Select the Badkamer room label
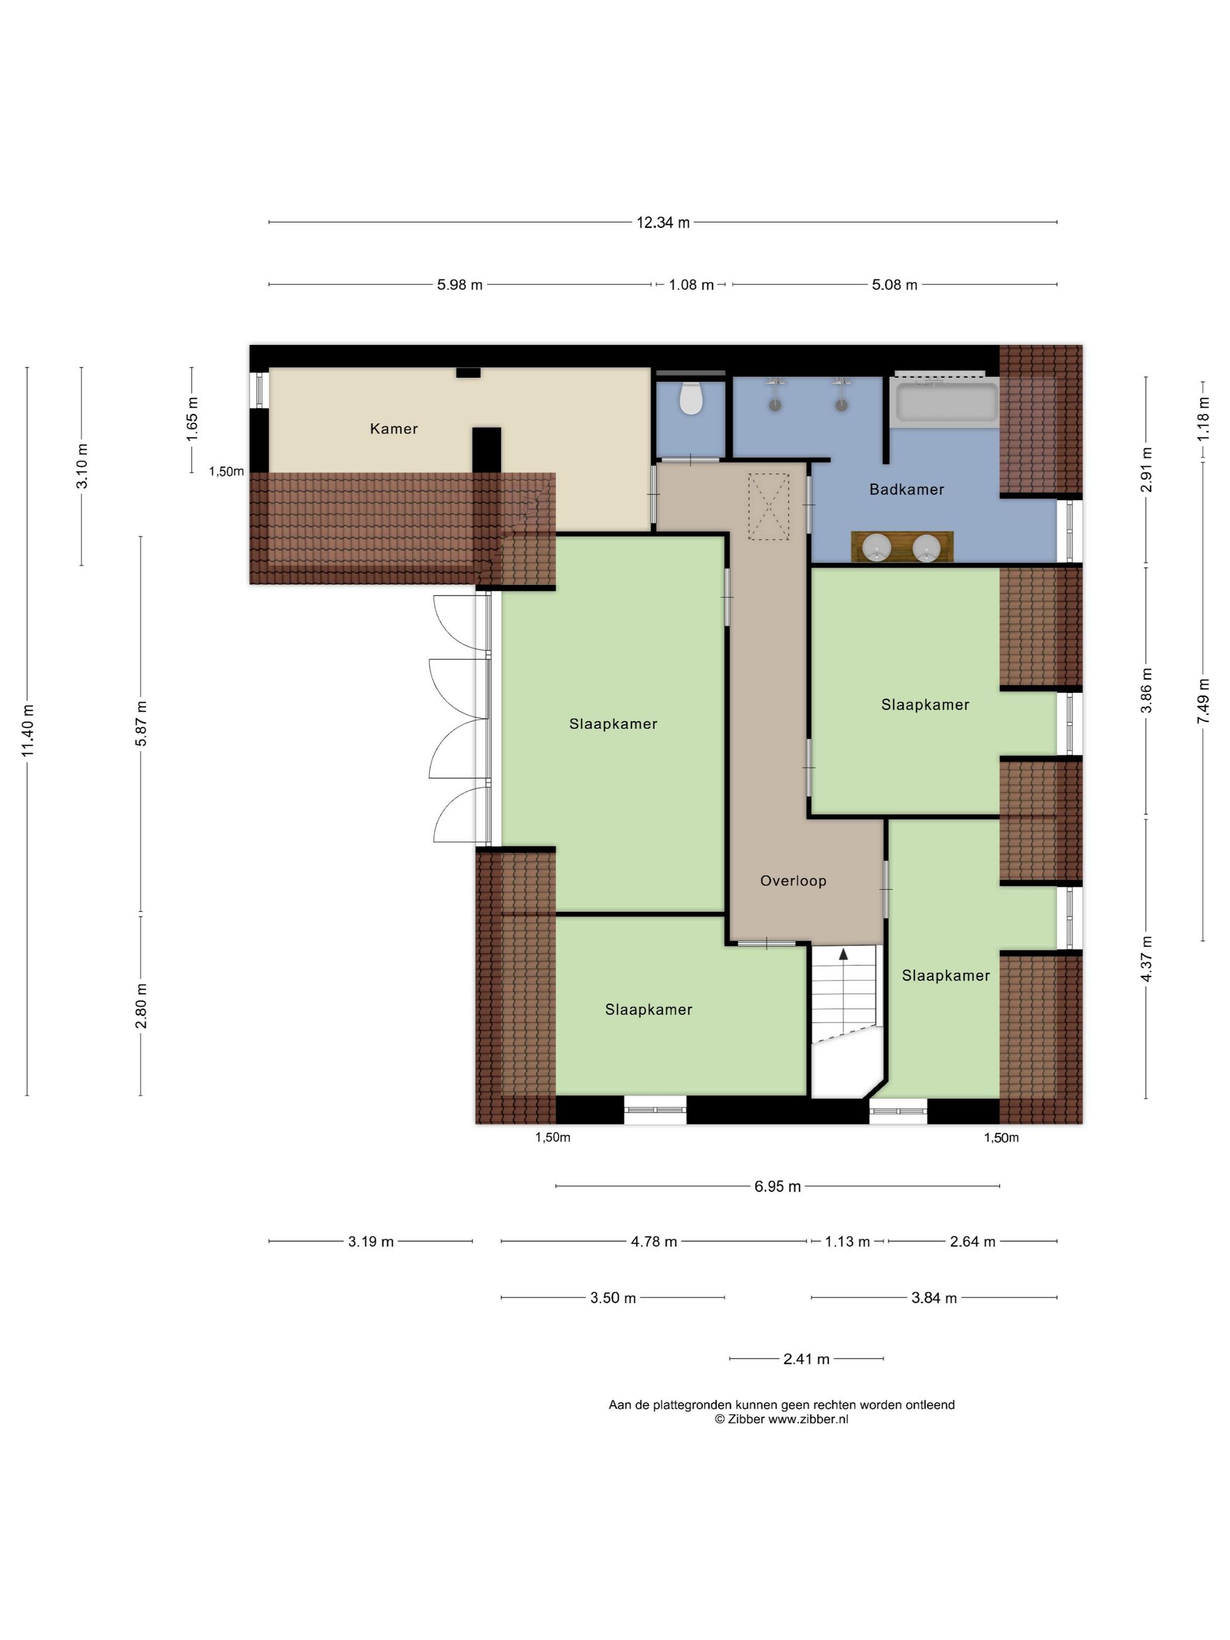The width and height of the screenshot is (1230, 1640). click(x=907, y=489)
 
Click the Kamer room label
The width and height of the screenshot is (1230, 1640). click(x=394, y=429)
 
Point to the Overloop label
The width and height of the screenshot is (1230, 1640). click(x=792, y=881)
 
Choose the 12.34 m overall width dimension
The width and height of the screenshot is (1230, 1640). click(x=663, y=223)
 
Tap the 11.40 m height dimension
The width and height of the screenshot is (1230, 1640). click(x=28, y=731)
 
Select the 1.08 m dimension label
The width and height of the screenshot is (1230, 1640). click(x=691, y=285)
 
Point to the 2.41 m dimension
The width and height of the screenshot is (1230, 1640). click(x=807, y=1359)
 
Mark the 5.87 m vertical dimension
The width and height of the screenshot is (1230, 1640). click(x=141, y=723)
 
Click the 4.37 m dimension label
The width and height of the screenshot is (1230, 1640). click(x=1146, y=958)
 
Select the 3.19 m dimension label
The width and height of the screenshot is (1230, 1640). click(x=371, y=1242)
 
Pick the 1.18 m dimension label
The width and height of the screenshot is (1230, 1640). click(x=1202, y=418)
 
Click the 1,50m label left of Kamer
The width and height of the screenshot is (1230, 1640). click(x=226, y=471)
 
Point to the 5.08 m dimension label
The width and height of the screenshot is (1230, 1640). click(x=894, y=285)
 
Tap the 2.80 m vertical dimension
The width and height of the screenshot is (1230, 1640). click(x=141, y=1005)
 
